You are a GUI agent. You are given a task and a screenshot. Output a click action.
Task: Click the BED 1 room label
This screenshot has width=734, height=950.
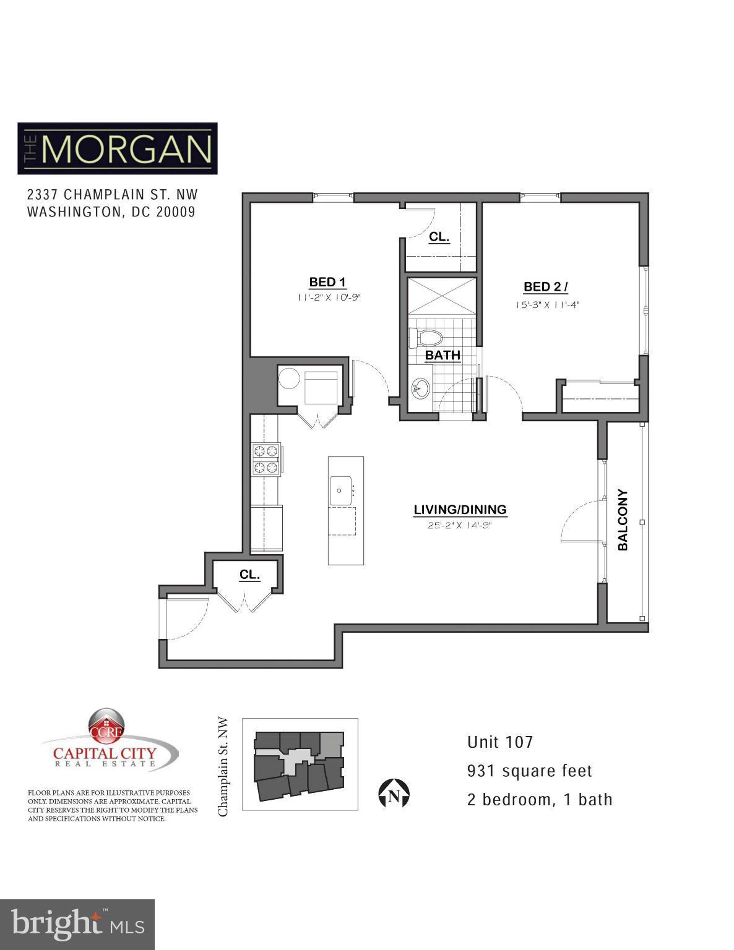[327, 282]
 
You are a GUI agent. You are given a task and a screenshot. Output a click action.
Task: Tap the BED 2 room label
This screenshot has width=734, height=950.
[545, 286]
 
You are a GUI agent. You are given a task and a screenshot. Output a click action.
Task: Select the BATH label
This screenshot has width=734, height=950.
[443, 355]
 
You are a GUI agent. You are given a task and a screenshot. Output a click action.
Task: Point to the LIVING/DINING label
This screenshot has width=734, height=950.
[460, 510]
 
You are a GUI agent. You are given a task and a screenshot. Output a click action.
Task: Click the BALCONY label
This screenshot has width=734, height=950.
[623, 520]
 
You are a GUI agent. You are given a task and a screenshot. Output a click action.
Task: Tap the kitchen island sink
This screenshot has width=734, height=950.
[340, 490]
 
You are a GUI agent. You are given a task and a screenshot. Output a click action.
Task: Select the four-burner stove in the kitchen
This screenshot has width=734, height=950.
[266, 460]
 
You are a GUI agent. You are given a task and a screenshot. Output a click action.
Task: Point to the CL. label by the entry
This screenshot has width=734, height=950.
[249, 575]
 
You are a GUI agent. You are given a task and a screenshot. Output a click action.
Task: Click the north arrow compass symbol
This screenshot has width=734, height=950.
[394, 795]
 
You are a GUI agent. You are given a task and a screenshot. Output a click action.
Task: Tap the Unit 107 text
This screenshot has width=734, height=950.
[499, 742]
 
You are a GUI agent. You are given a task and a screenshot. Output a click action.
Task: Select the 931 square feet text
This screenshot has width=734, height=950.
[530, 771]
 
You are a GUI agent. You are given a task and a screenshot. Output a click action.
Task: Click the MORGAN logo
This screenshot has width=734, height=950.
[118, 148]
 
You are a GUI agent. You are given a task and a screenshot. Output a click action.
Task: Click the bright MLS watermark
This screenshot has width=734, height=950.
[77, 925]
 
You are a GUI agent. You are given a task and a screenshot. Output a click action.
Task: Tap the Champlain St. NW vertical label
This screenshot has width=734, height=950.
[223, 767]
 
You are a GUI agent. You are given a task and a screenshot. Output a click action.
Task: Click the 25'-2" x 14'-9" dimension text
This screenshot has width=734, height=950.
[459, 526]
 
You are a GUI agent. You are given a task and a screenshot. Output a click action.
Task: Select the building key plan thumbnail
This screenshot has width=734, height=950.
[300, 764]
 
